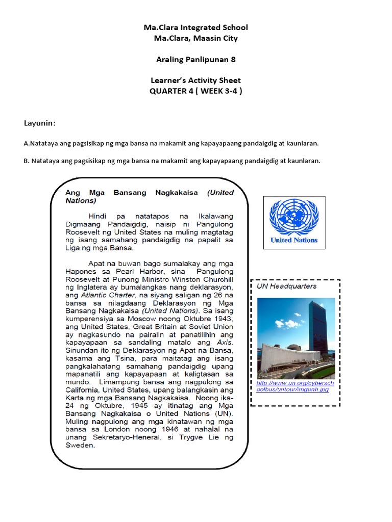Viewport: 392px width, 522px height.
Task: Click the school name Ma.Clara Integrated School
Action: (x=195, y=27)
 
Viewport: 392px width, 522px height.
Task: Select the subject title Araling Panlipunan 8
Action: (x=195, y=59)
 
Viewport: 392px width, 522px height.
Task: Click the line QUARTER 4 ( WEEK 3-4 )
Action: (x=195, y=91)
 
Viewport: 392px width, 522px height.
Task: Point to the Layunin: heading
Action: (x=39, y=123)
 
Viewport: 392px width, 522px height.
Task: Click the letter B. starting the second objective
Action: (x=27, y=161)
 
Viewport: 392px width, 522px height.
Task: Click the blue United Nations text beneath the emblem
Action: (x=294, y=240)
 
